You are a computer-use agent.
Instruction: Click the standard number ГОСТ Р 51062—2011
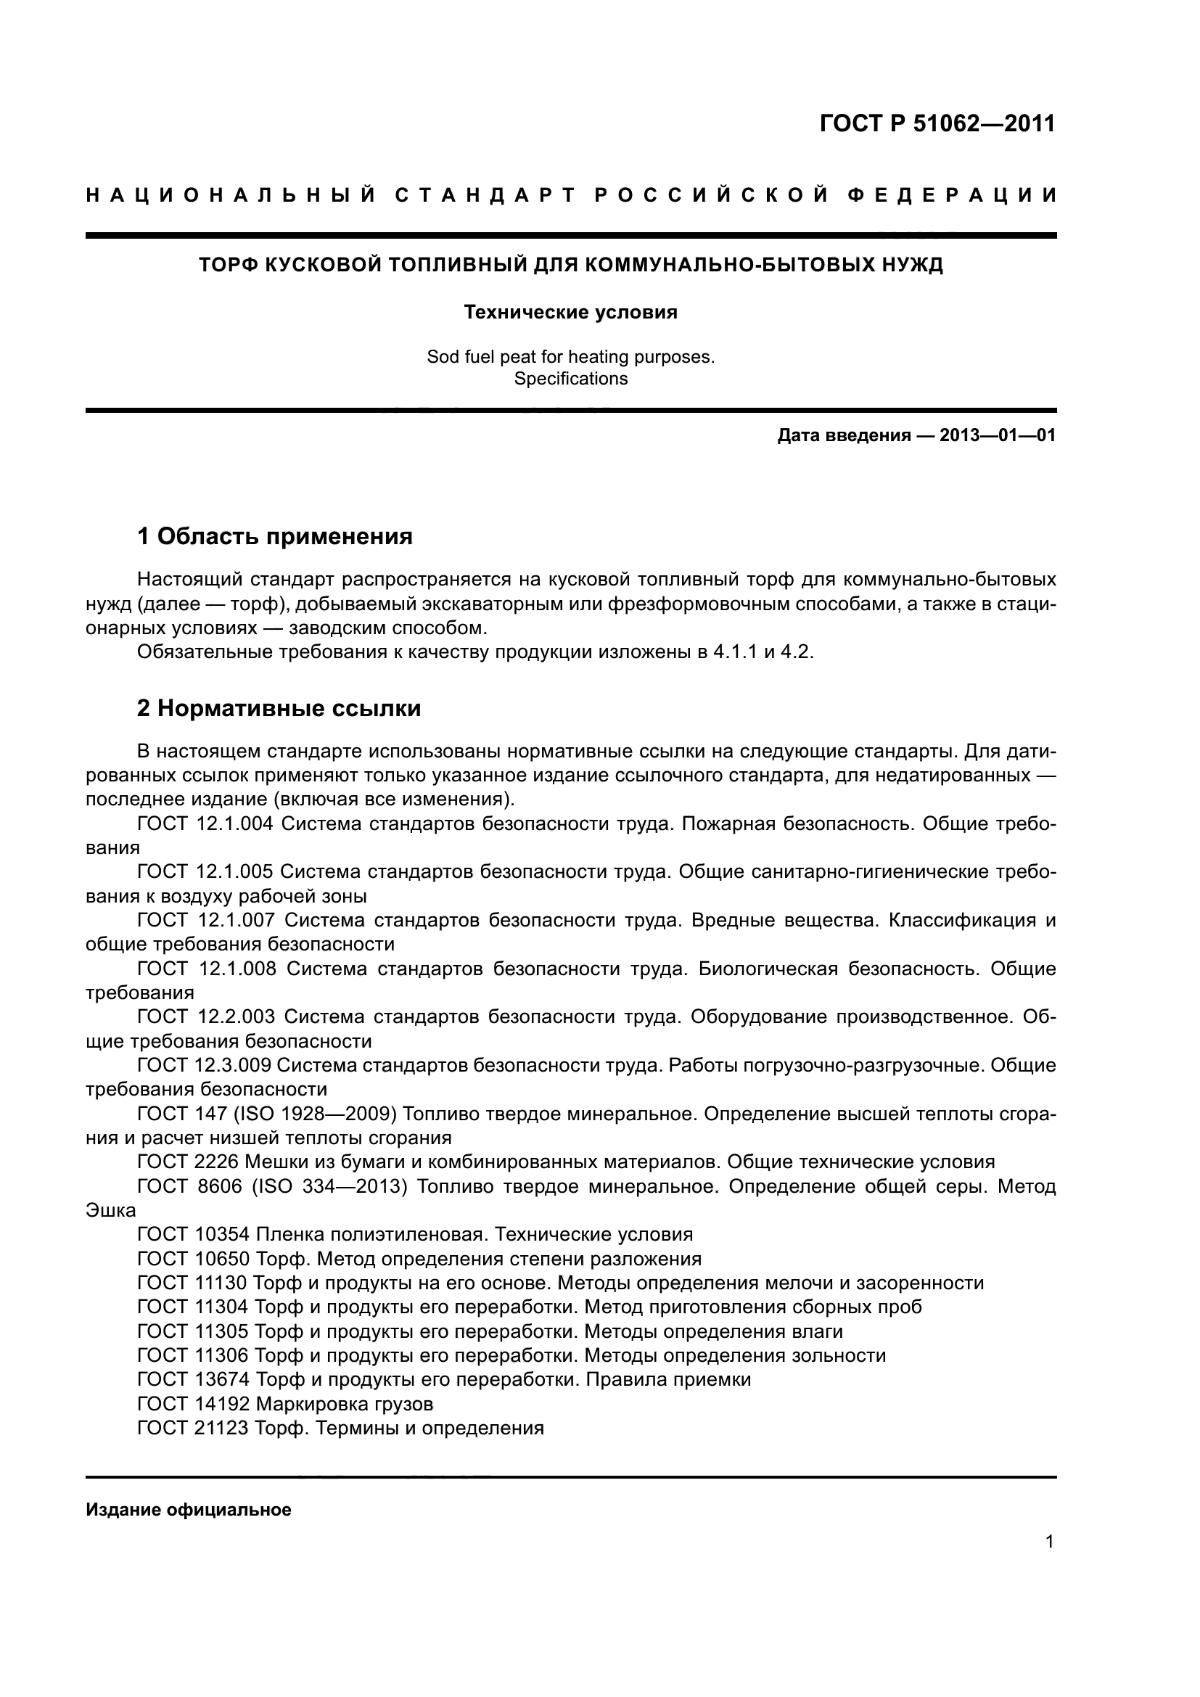click(x=937, y=123)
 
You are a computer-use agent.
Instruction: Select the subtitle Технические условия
click(x=570, y=313)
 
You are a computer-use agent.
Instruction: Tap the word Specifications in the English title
click(x=570, y=379)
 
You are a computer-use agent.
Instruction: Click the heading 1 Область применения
click(x=275, y=536)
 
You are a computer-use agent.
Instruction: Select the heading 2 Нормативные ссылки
click(x=279, y=709)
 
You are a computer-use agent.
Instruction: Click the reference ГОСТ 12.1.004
click(x=205, y=824)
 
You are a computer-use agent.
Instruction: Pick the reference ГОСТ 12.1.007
click(x=206, y=920)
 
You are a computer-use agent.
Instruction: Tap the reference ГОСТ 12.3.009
click(x=205, y=1065)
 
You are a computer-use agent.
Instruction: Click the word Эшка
click(x=111, y=1211)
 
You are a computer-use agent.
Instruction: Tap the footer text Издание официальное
click(x=189, y=1510)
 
